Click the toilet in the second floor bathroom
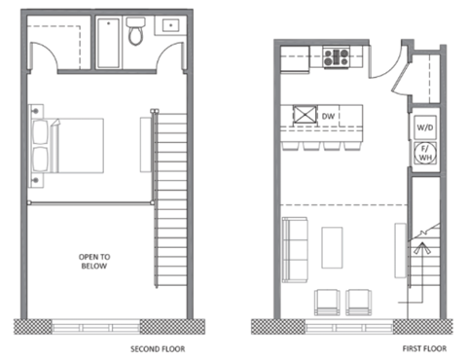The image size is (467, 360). (x=135, y=31)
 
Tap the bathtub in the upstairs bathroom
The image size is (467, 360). (x=109, y=43)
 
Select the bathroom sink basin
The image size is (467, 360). (x=170, y=25)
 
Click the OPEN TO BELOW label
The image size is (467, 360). (x=94, y=262)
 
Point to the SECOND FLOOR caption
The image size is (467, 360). (x=158, y=349)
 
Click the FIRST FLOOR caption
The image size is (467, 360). (x=424, y=348)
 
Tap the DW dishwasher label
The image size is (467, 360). (x=328, y=116)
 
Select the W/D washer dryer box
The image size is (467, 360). (x=425, y=127)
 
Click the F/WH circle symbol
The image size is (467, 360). (x=425, y=153)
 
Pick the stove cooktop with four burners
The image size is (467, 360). (x=336, y=57)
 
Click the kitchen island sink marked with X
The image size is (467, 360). (x=305, y=115)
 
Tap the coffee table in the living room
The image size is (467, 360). (x=332, y=248)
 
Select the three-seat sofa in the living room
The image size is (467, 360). (x=295, y=250)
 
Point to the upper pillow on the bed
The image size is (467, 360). (x=40, y=131)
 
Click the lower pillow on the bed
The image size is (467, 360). (x=40, y=160)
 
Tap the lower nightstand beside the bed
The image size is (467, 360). (x=36, y=180)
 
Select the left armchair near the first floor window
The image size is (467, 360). (x=327, y=303)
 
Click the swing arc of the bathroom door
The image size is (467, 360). (x=166, y=50)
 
